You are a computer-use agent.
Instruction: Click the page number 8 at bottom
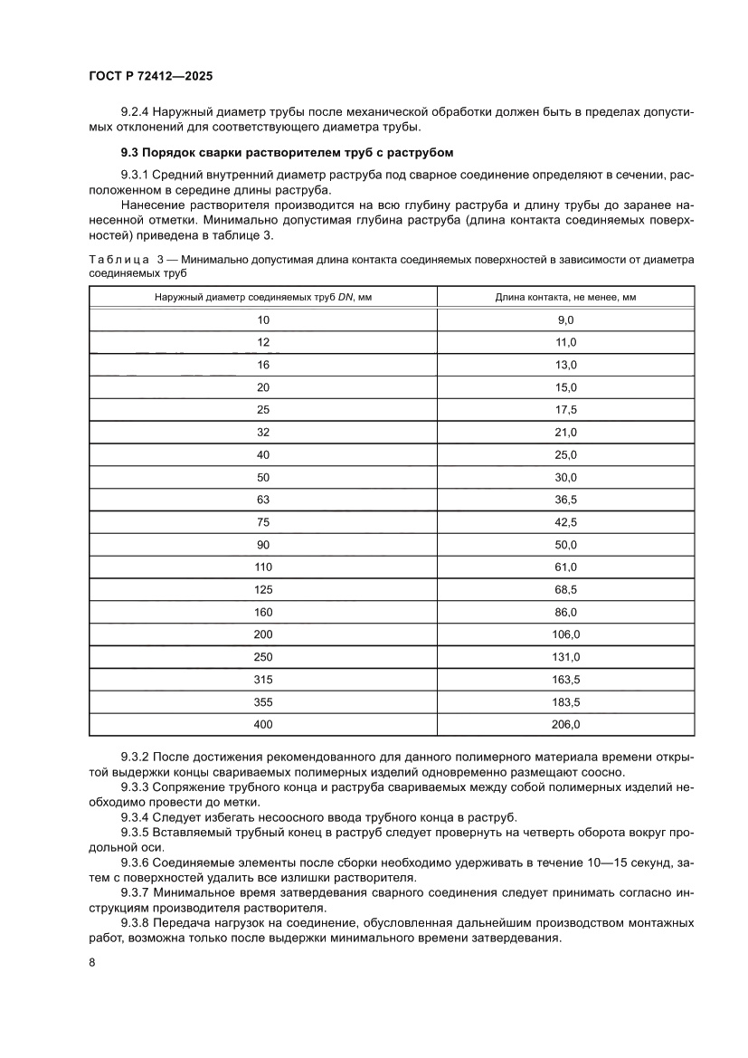point(93,961)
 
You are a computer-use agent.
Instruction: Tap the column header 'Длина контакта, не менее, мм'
point(565,297)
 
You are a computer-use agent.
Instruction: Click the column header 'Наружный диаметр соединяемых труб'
point(263,297)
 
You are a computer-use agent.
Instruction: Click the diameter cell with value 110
point(263,567)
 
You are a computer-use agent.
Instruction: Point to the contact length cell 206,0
point(565,724)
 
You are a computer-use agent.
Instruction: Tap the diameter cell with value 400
point(263,724)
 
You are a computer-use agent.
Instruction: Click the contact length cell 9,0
point(565,319)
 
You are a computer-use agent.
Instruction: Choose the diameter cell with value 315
point(263,679)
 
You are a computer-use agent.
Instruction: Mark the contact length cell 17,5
point(565,410)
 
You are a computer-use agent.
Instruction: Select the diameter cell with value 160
point(263,612)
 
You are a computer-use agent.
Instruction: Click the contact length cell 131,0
point(565,656)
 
